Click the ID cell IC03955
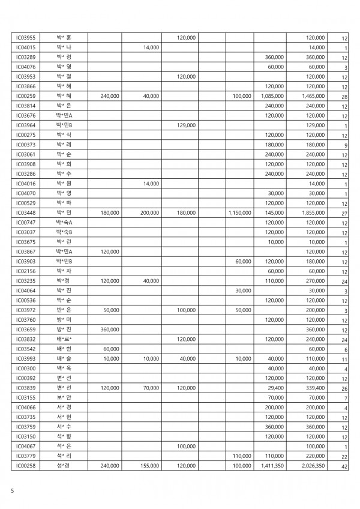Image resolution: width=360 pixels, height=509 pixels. [26, 37]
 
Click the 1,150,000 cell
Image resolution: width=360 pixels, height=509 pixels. [239, 212]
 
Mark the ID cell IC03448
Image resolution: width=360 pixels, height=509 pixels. [26, 212]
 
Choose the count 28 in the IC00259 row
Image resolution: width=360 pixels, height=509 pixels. [344, 96]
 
